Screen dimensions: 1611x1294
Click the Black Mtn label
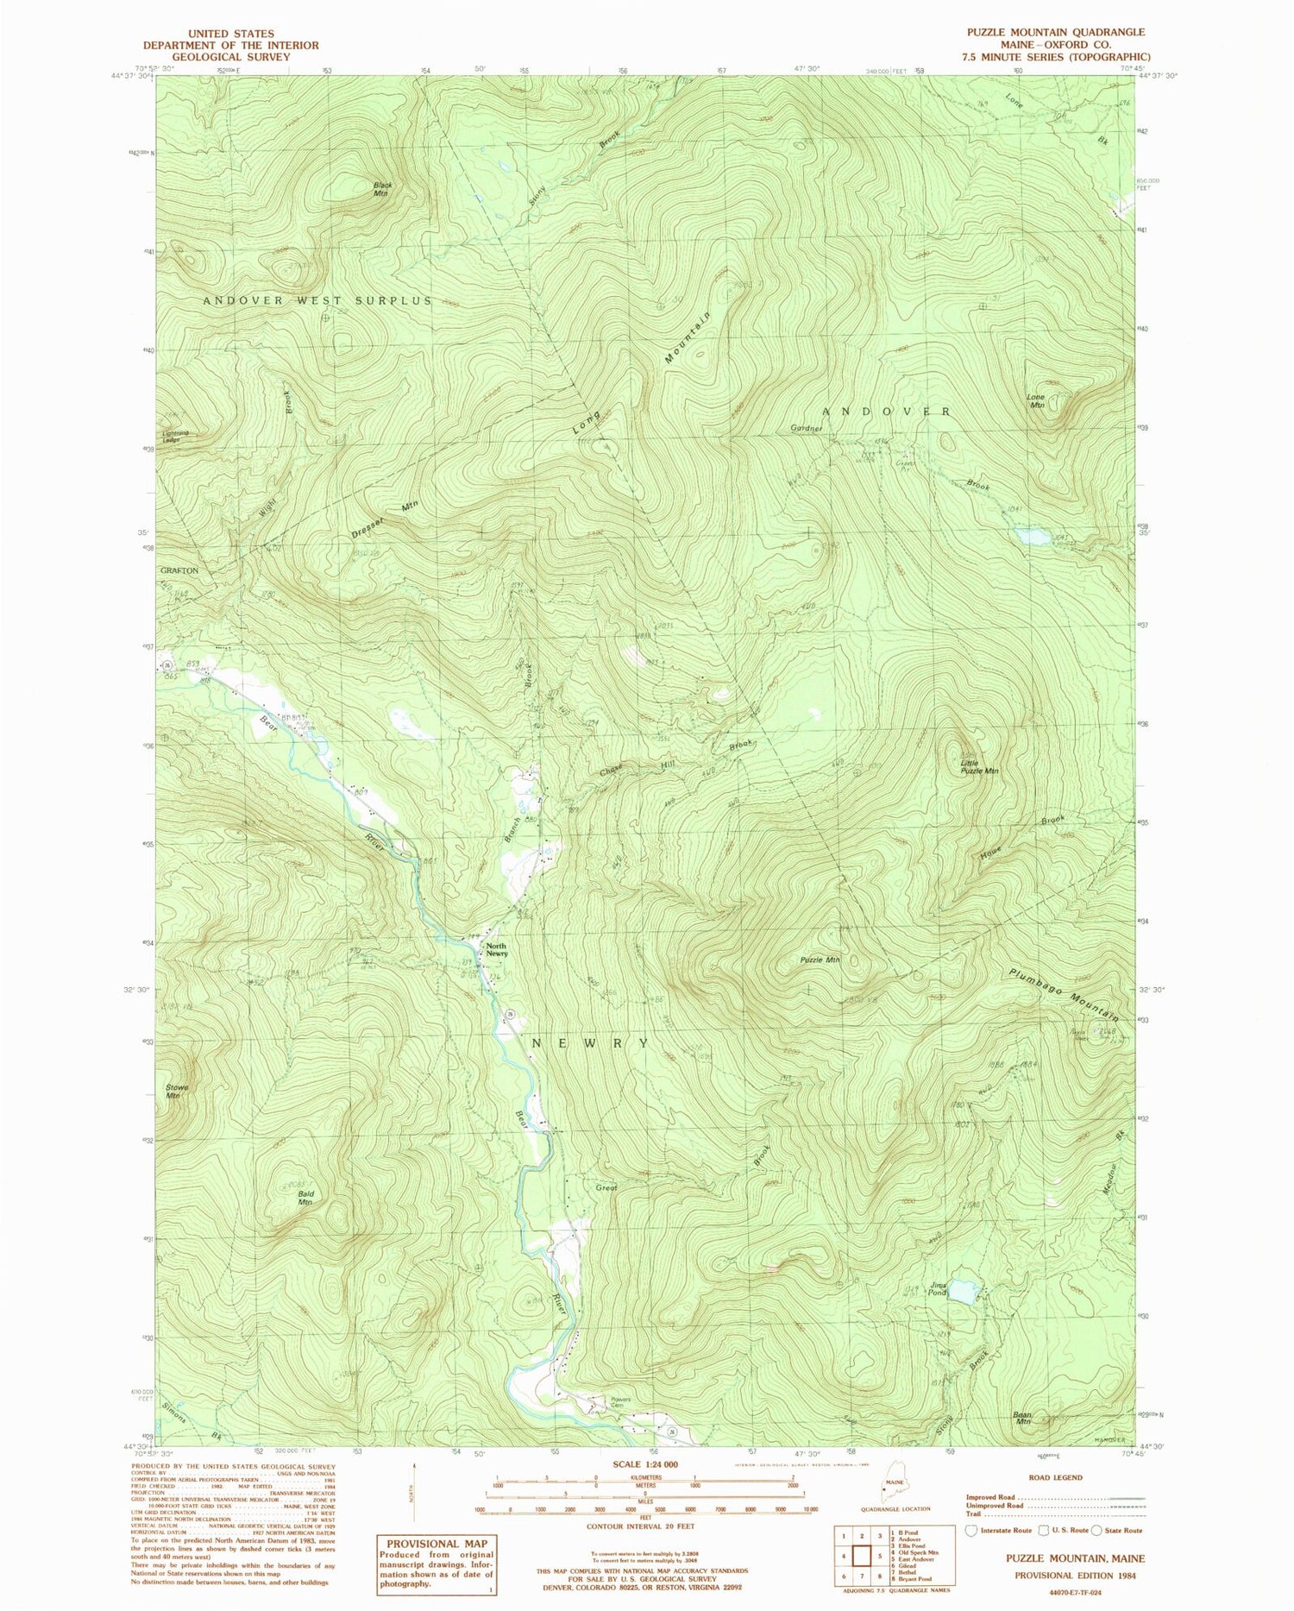pos(382,189)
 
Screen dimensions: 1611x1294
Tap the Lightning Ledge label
pos(173,437)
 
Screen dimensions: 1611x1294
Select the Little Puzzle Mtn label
pos(979,767)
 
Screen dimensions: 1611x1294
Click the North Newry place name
pos(496,949)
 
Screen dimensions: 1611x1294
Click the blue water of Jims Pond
pos(964,1292)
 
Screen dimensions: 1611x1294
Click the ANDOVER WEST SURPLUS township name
pos(317,300)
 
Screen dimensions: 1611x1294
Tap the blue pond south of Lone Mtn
pos(1033,537)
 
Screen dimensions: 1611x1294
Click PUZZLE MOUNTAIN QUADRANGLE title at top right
pos(1049,32)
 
